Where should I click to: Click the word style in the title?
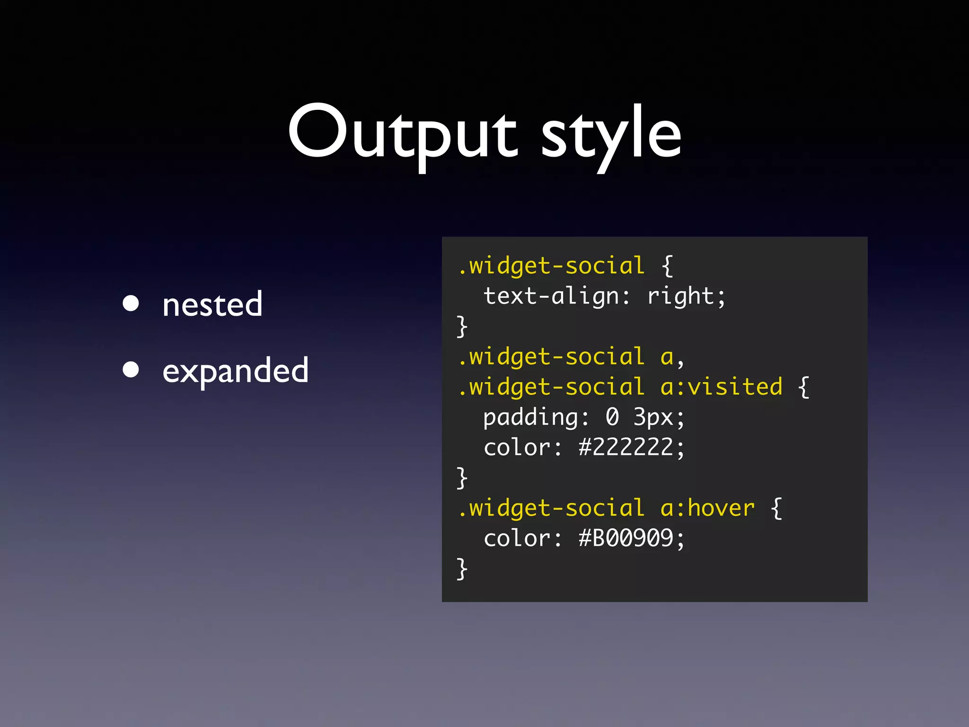point(611,135)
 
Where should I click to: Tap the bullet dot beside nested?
point(131,303)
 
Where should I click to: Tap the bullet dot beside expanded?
point(131,369)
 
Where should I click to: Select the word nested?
point(212,304)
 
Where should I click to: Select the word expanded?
point(235,371)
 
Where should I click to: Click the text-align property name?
point(551,296)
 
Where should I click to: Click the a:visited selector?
point(721,387)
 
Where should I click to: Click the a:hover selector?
point(707,508)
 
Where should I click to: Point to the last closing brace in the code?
point(462,569)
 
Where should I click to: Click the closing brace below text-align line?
point(462,327)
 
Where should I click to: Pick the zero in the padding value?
point(612,417)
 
